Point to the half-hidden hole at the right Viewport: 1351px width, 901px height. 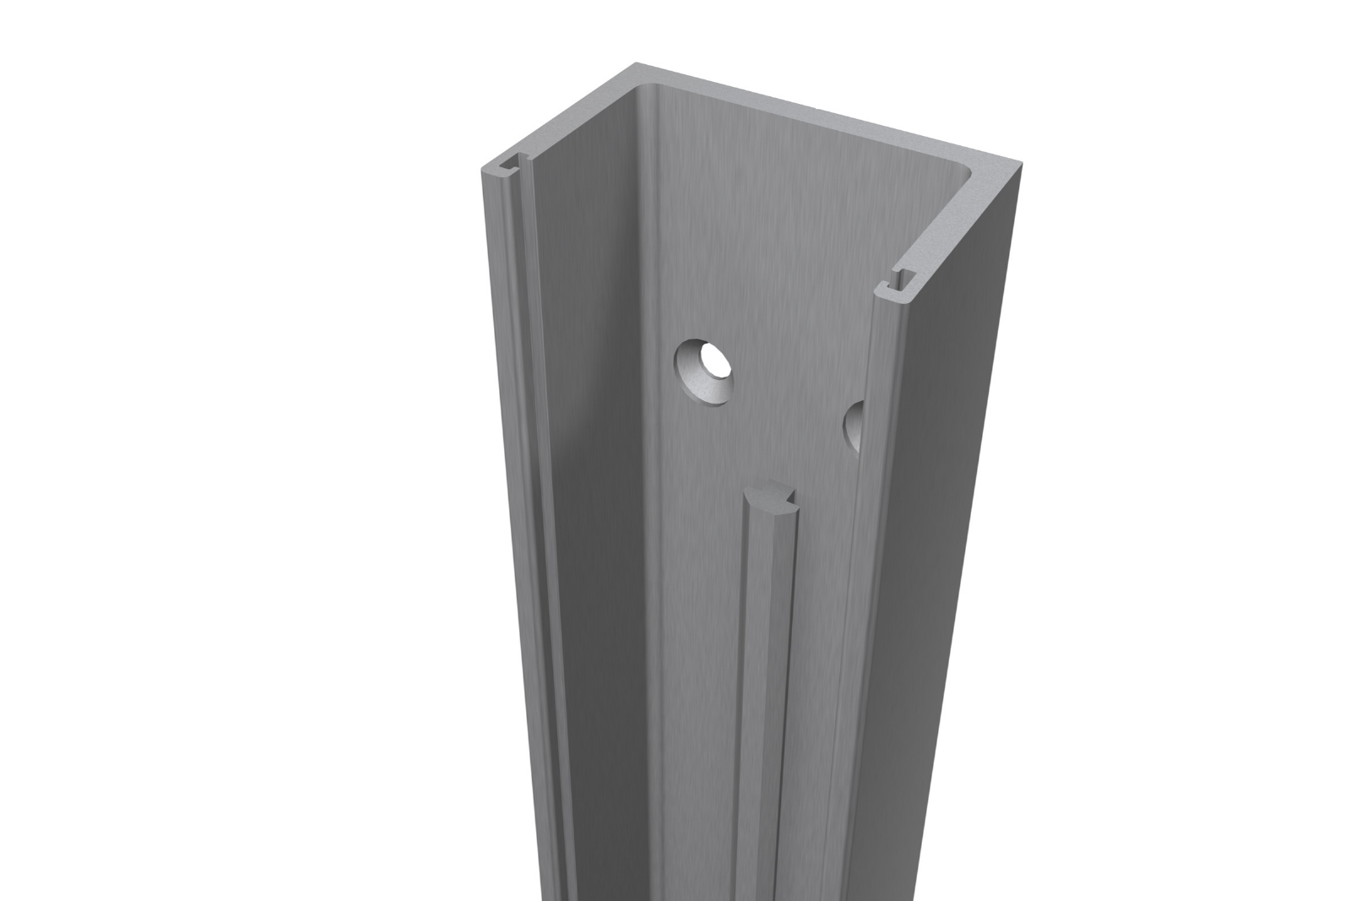[854, 425]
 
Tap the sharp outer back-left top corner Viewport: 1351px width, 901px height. [633, 65]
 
